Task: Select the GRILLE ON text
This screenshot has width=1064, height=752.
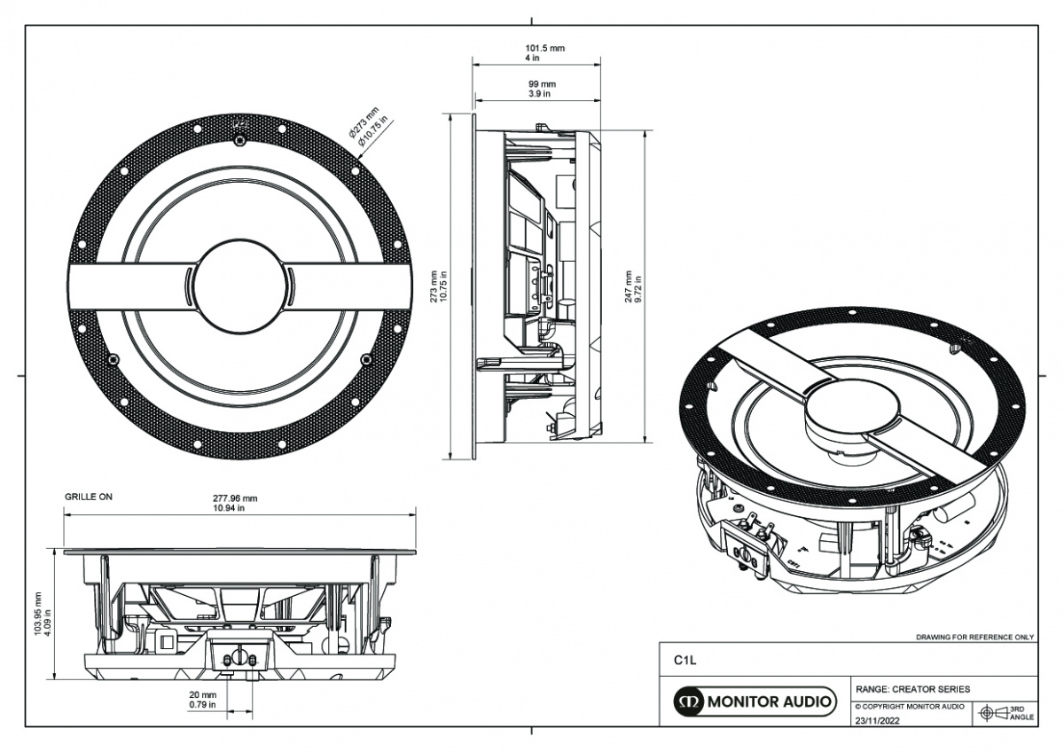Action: [x=89, y=497]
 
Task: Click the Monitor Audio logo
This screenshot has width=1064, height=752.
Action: [x=755, y=703]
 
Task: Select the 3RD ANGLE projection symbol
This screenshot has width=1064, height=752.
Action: [x=1005, y=713]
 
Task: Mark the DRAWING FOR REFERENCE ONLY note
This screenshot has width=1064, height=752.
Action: [x=974, y=638]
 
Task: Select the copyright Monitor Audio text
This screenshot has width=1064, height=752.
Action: [x=910, y=707]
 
